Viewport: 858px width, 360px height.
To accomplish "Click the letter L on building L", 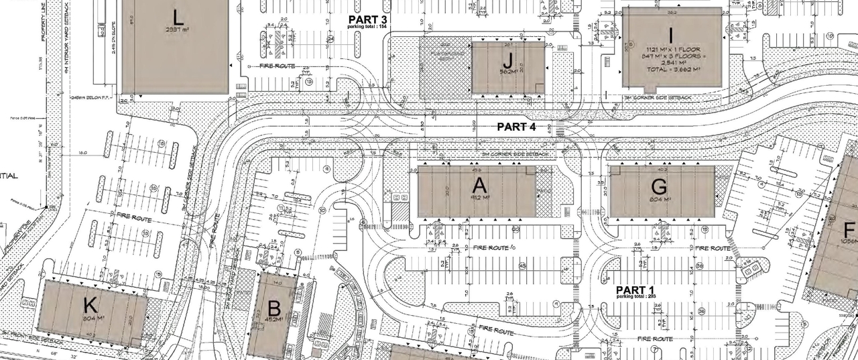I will (x=178, y=17).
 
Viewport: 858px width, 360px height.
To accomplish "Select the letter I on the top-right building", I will (x=670, y=32).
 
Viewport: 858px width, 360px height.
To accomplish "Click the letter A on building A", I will (x=478, y=186).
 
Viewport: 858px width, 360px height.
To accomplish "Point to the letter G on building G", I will (x=659, y=186).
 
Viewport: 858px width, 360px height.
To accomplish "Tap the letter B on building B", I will (x=273, y=309).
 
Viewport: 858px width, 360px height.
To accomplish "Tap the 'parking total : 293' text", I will (x=636, y=296).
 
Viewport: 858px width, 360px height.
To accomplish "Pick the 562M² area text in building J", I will (x=507, y=72).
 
